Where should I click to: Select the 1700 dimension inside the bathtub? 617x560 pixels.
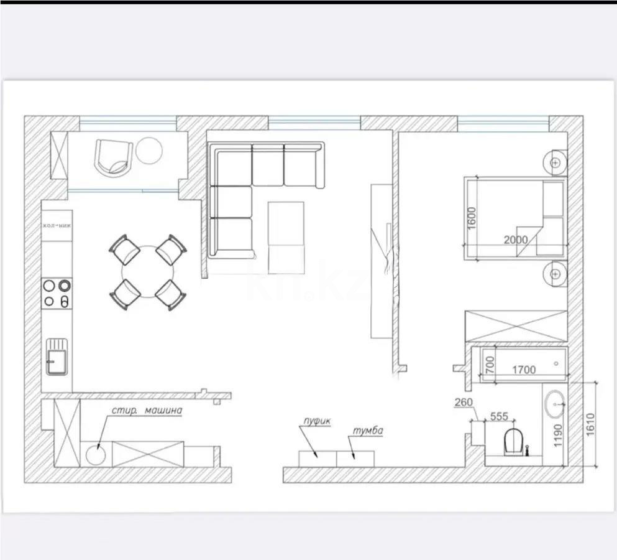click(x=523, y=370)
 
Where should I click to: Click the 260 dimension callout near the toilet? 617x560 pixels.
click(x=463, y=402)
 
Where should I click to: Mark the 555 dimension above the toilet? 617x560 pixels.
click(x=499, y=416)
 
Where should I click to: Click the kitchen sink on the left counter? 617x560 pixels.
click(x=57, y=357)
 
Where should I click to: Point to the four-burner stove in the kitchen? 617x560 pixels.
click(x=56, y=294)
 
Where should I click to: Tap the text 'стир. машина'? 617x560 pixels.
click(x=147, y=411)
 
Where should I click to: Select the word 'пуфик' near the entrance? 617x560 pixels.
click(x=318, y=421)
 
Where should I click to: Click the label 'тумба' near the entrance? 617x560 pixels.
click(x=368, y=431)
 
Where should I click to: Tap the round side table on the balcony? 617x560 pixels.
click(x=149, y=150)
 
